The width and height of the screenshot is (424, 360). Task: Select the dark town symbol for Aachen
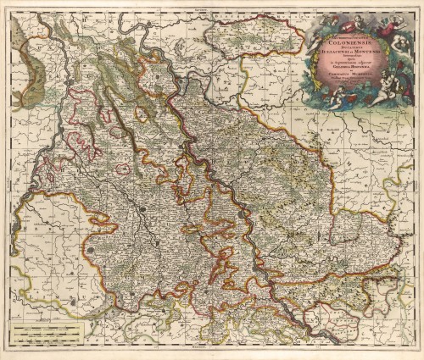tap(91, 252)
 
